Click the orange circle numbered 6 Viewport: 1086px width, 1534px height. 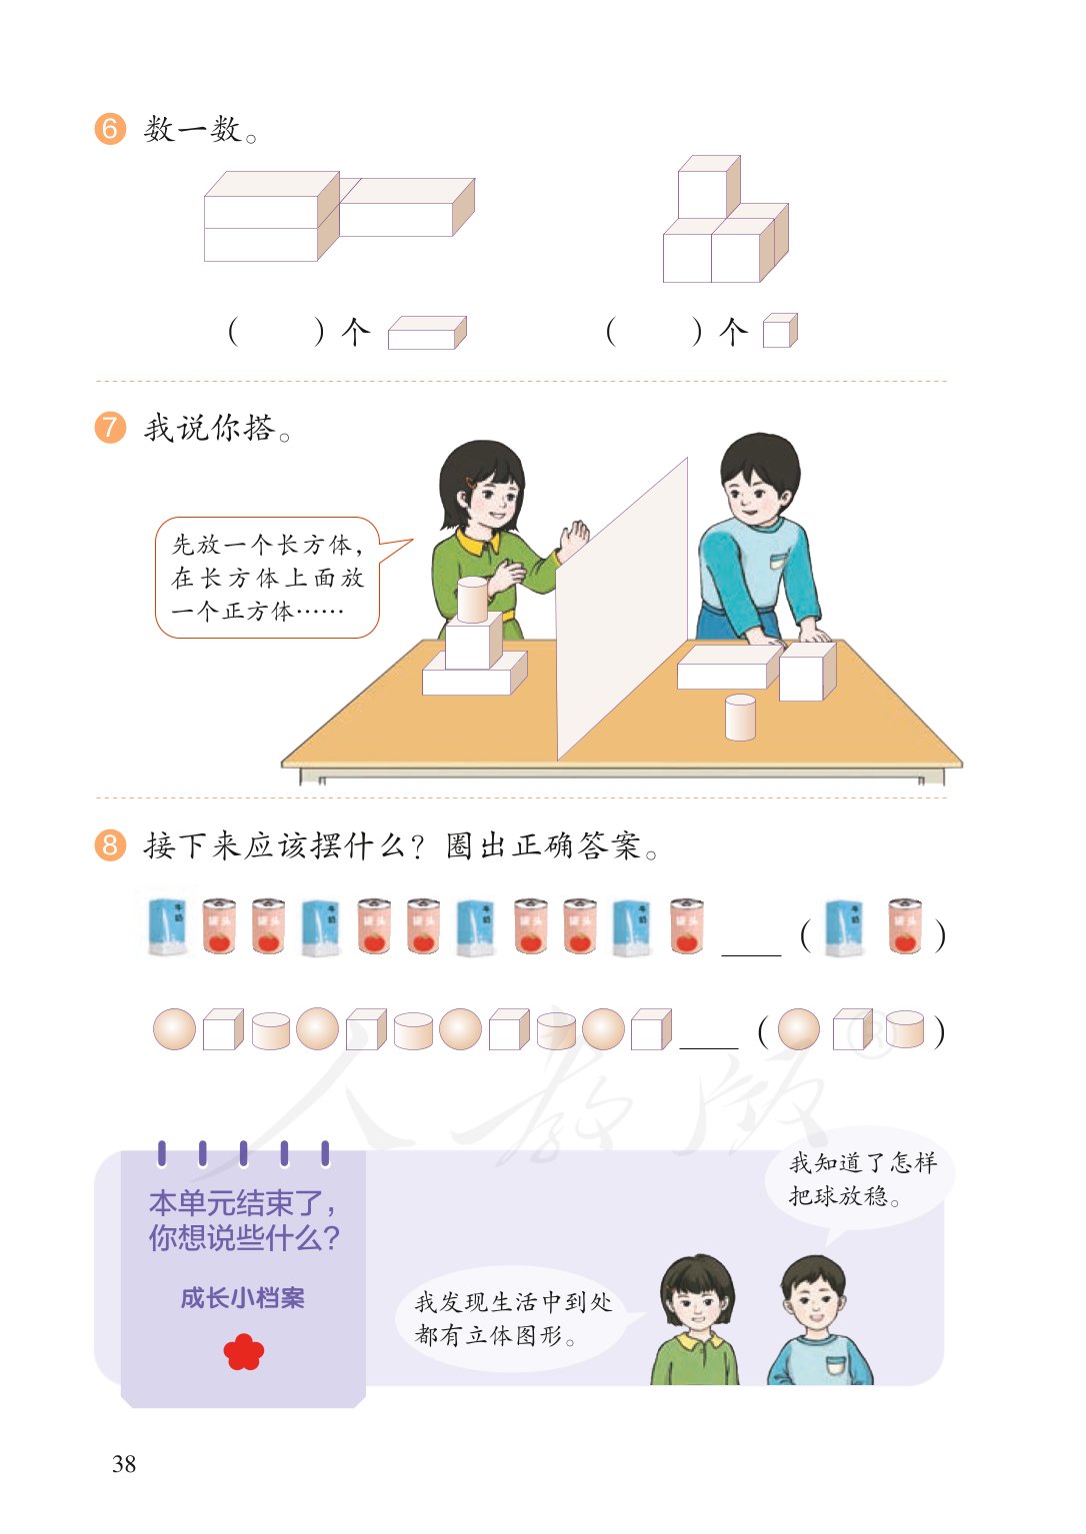[x=110, y=129]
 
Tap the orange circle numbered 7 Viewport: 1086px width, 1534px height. [x=110, y=428]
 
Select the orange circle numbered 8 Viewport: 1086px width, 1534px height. [x=110, y=845]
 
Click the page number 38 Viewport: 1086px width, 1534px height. [x=124, y=1464]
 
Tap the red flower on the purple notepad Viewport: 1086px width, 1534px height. [x=243, y=1352]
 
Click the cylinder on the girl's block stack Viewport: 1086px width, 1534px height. [x=472, y=599]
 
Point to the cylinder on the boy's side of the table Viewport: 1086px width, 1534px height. [x=740, y=718]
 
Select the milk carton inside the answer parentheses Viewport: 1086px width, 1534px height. [x=843, y=927]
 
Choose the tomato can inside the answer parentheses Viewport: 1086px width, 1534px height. [x=904, y=926]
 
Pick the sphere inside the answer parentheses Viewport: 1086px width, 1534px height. [x=798, y=1029]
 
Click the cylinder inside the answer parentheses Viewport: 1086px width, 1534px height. [x=904, y=1029]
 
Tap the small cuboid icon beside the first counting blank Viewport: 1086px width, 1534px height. [x=427, y=333]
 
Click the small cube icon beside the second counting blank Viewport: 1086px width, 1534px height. [x=780, y=331]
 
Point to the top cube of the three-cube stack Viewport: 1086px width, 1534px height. [x=708, y=188]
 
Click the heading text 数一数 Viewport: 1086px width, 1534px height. [x=200, y=130]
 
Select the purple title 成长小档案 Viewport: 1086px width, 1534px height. [x=243, y=1298]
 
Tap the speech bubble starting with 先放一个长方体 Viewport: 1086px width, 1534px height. [x=268, y=578]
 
